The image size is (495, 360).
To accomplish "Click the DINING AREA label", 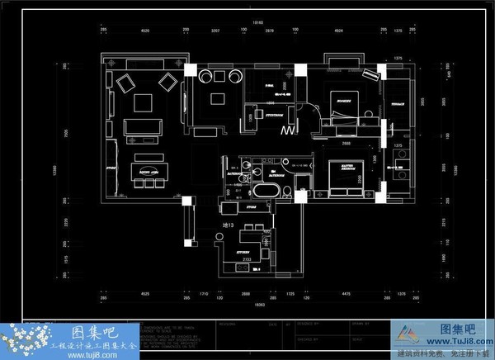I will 149,171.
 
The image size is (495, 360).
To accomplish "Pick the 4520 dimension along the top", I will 144,31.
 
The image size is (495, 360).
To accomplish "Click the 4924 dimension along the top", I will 338,31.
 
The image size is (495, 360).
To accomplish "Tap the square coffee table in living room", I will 144,102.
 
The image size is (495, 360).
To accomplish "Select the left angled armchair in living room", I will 126,82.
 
